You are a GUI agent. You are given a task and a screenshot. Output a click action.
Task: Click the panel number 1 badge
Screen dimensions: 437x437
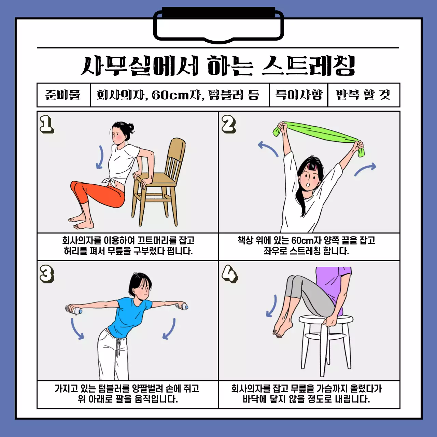point(46,124)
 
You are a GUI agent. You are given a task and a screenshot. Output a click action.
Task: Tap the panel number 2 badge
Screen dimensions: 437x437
point(228,124)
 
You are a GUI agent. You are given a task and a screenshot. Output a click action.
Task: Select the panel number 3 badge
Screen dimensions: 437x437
point(47,274)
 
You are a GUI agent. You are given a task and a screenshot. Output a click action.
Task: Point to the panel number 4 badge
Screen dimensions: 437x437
point(229,274)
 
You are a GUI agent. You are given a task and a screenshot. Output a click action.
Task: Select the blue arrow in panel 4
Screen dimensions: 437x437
point(272,306)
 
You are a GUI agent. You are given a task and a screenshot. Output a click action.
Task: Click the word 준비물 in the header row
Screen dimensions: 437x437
point(63,95)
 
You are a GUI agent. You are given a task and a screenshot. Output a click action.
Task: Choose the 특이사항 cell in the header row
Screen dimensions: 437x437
point(298,95)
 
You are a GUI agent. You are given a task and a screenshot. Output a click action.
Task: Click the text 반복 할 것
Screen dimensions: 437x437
point(363,95)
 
